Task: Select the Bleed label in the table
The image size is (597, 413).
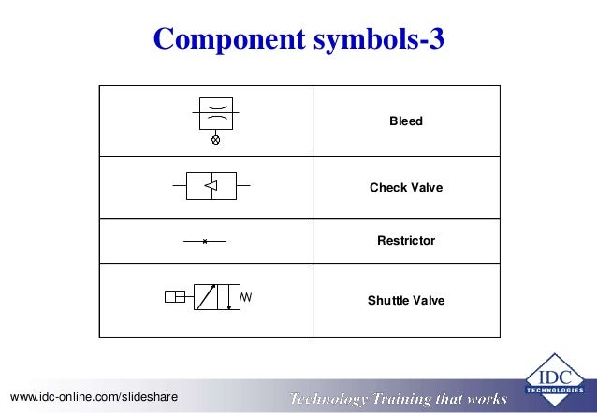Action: pos(406,121)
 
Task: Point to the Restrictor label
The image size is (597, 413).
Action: pos(406,241)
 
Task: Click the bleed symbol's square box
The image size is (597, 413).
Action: pos(216,112)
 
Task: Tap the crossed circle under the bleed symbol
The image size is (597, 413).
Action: pos(216,140)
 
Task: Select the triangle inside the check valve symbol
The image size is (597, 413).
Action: pos(211,186)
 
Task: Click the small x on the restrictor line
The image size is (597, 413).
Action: pos(205,241)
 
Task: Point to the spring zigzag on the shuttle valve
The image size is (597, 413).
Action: pos(248,297)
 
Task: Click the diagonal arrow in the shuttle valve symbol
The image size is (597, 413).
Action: pos(206,297)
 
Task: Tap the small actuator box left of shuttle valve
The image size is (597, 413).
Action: pos(175,297)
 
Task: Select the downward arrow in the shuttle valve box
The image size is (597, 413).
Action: pos(229,297)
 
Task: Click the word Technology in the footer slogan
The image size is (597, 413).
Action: pos(331,399)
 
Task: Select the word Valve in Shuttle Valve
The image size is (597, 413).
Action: pos(429,301)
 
